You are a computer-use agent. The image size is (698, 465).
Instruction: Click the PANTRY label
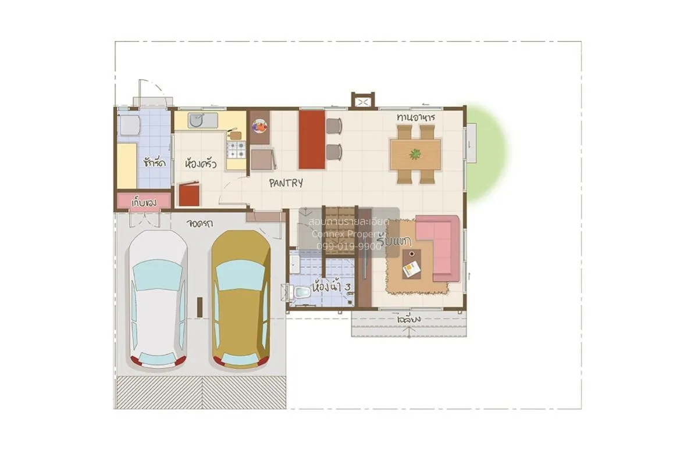click(x=286, y=183)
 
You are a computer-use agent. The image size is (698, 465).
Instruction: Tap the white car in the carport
click(x=158, y=299)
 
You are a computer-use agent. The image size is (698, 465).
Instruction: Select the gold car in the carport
click(x=240, y=299)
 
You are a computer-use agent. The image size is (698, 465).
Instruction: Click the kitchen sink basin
click(x=196, y=120)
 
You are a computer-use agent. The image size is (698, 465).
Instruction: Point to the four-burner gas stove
click(x=235, y=150)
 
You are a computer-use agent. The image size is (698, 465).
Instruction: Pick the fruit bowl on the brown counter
click(x=259, y=125)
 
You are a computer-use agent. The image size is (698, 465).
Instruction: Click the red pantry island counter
click(x=312, y=139)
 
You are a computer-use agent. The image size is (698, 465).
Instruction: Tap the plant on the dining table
click(x=415, y=154)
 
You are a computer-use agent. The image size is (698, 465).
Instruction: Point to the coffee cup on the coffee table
click(x=412, y=253)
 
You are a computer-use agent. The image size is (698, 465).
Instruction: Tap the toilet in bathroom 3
click(x=300, y=294)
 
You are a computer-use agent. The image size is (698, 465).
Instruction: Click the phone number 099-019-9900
click(x=349, y=246)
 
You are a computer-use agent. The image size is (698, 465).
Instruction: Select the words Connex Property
click(x=348, y=234)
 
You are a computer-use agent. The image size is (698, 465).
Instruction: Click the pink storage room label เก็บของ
click(x=144, y=201)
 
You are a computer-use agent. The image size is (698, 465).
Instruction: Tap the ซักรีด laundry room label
click(x=154, y=162)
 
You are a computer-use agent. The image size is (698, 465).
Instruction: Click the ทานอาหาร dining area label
click(x=416, y=117)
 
